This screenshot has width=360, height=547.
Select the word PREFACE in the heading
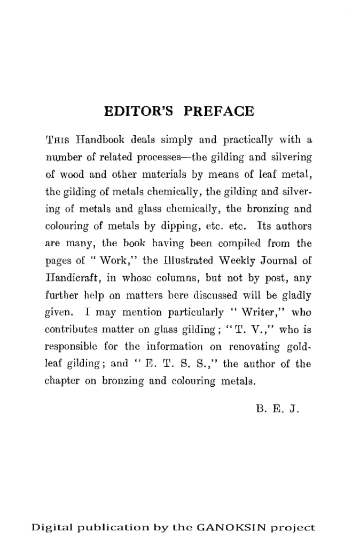click(218, 113)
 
